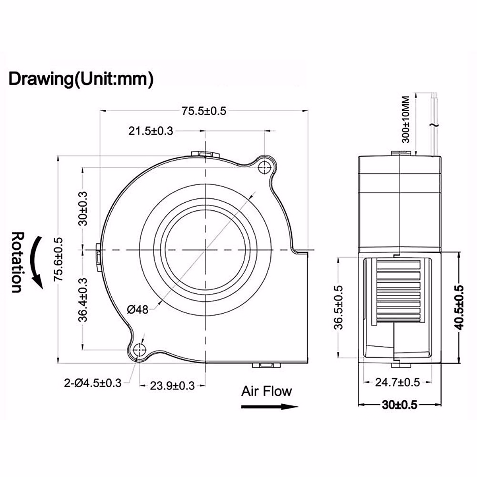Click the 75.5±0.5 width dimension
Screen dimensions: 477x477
click(204, 111)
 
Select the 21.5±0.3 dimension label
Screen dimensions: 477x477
click(151, 131)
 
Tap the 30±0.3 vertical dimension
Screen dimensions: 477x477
click(83, 208)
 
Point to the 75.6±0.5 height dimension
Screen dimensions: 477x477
click(59, 259)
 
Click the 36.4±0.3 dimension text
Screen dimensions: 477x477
click(83, 300)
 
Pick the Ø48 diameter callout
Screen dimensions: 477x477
click(138, 309)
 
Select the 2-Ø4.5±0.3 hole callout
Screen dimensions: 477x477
click(93, 383)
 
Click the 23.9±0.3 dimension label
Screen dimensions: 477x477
click(172, 386)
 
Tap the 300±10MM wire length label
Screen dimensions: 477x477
click(406, 120)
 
